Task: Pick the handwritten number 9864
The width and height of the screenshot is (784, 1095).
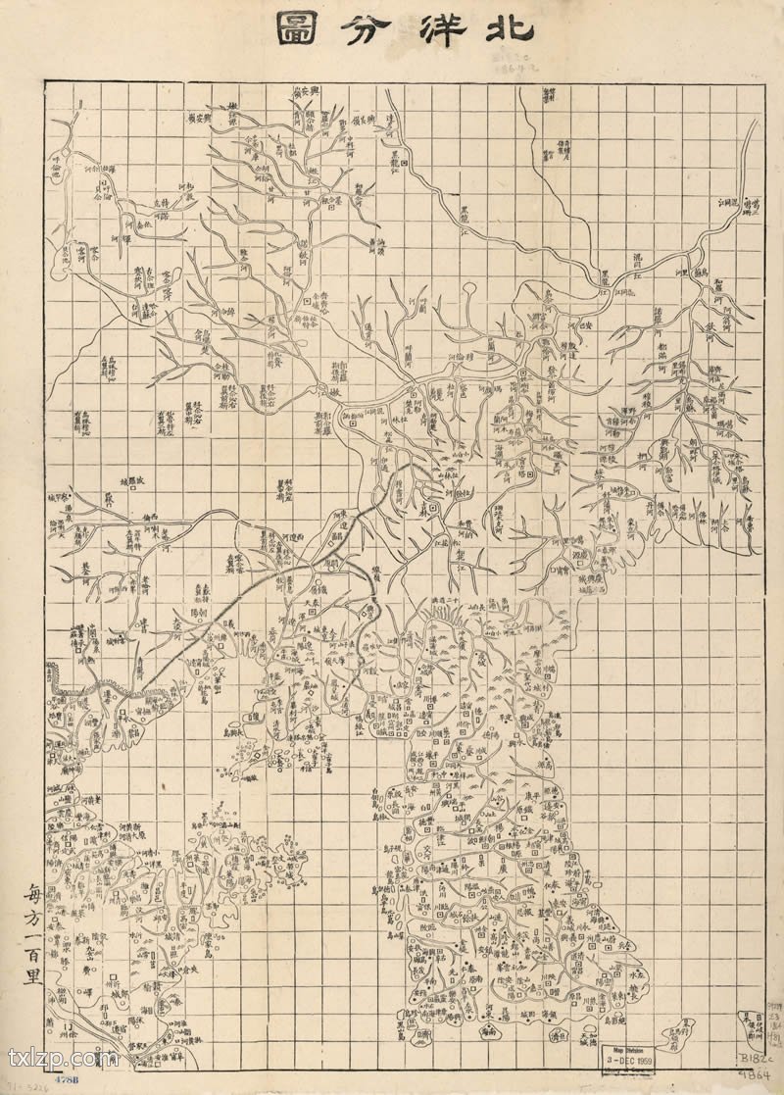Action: pos(755,1076)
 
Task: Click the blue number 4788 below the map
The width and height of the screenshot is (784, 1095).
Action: pos(67,1079)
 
